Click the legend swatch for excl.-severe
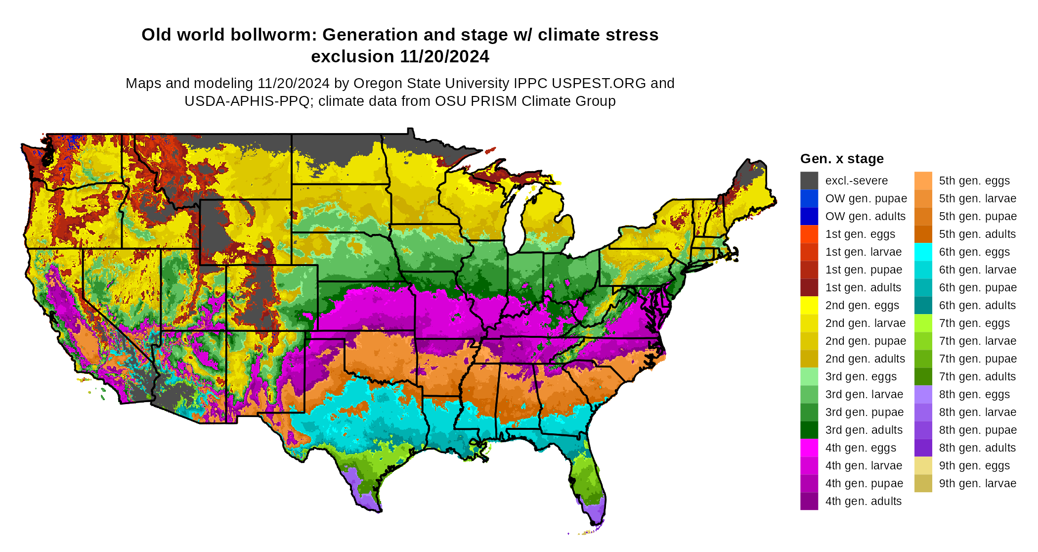[809, 181]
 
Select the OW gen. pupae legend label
[866, 198]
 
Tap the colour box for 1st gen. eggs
[809, 234]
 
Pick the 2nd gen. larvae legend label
[865, 323]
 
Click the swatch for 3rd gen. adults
[809, 430]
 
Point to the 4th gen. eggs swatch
[809, 448]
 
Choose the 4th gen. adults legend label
[863, 501]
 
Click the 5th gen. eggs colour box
[923, 181]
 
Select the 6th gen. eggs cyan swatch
[923, 252]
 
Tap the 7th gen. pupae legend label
[978, 359]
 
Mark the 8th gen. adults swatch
[923, 448]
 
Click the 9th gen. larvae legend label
[978, 483]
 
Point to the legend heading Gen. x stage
[842, 159]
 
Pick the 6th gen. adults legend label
[977, 305]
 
